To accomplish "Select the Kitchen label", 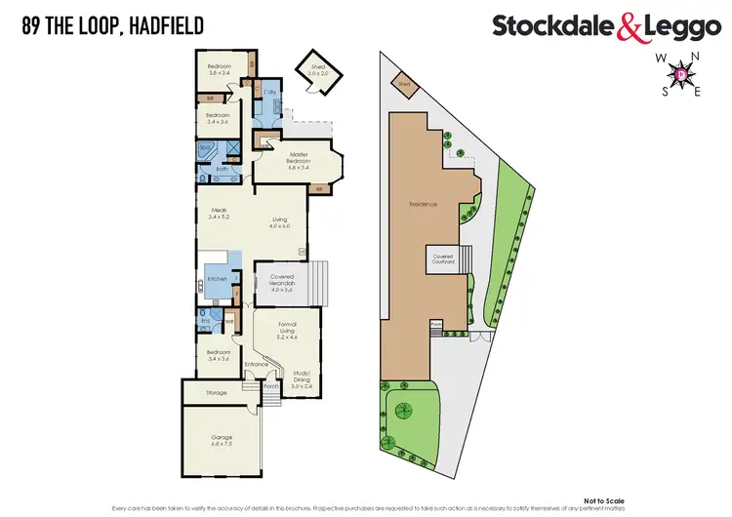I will tap(218, 279).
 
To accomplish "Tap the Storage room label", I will tap(217, 393).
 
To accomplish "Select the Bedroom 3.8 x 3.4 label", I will tap(219, 70).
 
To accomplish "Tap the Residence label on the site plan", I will tap(423, 204).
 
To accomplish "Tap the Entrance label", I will tap(257, 365).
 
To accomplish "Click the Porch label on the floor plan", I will tap(271, 385).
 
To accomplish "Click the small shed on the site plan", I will tap(403, 84).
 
